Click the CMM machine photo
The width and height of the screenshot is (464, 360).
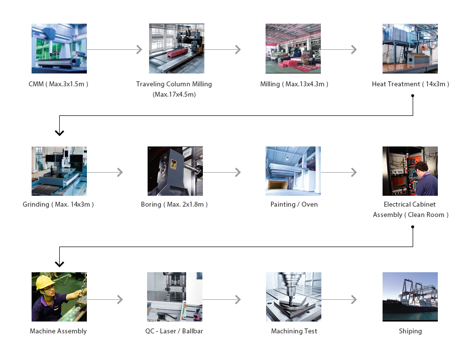(x=59, y=48)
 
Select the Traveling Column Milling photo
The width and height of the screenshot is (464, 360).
(x=176, y=48)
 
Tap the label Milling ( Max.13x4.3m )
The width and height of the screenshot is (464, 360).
(x=294, y=84)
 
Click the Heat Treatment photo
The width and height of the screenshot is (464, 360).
(x=410, y=48)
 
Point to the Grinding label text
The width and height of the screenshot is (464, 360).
(x=58, y=204)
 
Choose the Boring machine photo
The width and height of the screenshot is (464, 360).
(x=175, y=171)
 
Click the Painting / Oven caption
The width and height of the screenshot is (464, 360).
(x=294, y=204)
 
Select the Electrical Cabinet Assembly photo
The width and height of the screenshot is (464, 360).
(x=410, y=171)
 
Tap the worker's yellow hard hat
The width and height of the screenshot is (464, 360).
(x=43, y=281)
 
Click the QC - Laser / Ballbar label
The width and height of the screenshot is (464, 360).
(x=174, y=331)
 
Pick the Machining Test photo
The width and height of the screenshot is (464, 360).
(x=293, y=297)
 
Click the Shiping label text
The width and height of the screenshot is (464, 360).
(x=410, y=331)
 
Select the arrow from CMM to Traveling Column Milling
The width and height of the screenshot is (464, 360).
(x=115, y=49)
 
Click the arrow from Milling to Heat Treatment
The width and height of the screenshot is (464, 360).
(x=339, y=49)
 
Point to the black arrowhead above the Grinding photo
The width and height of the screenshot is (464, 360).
(x=59, y=132)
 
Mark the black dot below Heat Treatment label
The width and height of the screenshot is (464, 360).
(x=413, y=96)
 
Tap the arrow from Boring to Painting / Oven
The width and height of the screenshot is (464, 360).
(x=222, y=172)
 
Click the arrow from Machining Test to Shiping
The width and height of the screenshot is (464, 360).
(x=339, y=299)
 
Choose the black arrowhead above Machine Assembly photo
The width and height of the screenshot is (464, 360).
(x=59, y=264)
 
